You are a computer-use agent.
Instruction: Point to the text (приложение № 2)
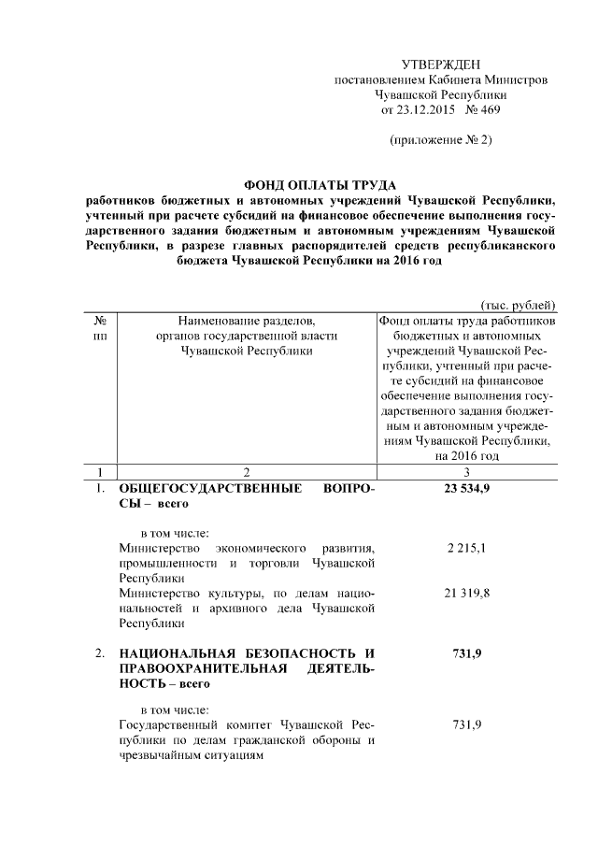point(440,140)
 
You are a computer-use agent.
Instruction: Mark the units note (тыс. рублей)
point(518,304)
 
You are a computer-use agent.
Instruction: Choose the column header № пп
point(99,327)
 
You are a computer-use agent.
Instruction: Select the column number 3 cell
point(467,471)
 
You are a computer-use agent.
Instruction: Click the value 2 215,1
point(467,549)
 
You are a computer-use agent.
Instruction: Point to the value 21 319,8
point(467,593)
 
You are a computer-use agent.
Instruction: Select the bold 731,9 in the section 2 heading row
point(467,653)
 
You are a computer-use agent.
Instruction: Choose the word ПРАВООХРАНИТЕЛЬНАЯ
point(190,668)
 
